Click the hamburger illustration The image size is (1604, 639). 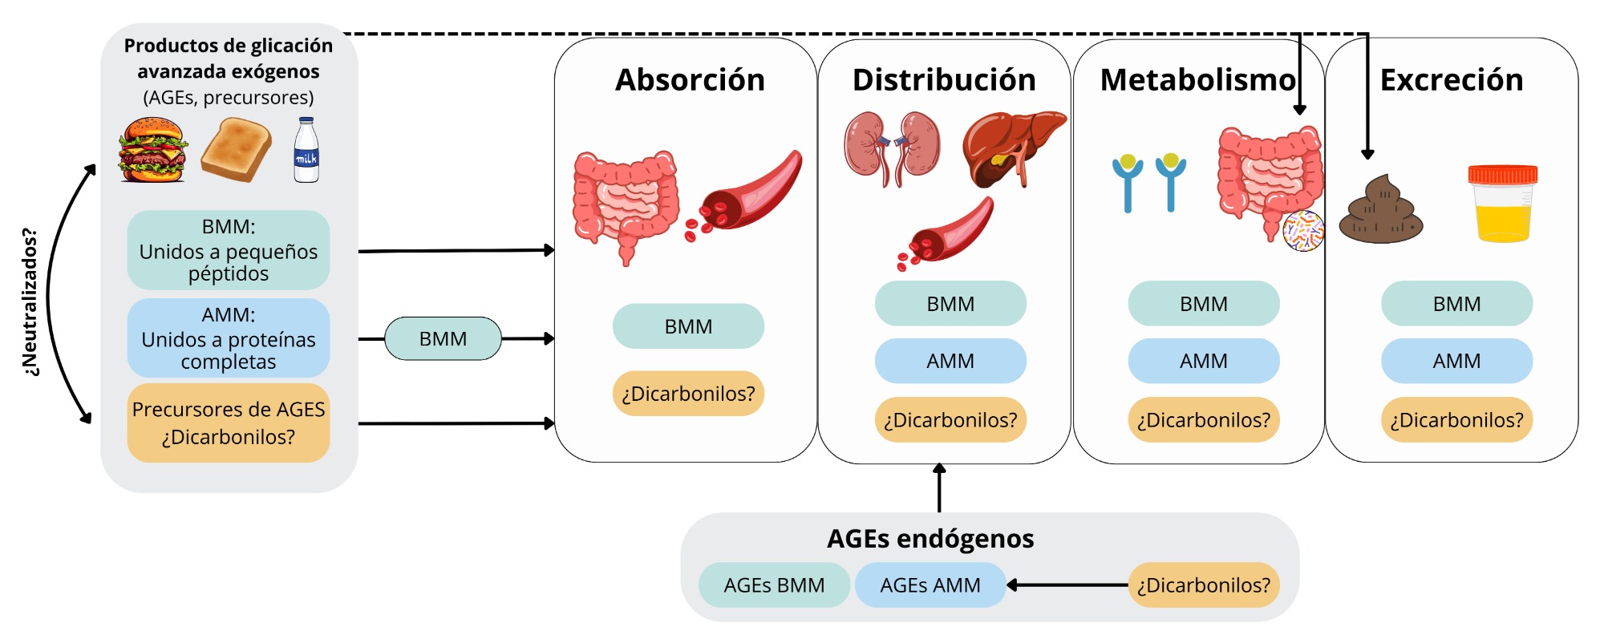[152, 151]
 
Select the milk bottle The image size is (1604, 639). [306, 151]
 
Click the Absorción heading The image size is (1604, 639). [690, 80]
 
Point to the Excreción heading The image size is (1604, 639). [1452, 80]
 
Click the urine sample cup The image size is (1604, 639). [1503, 204]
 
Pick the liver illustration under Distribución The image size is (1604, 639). [1012, 149]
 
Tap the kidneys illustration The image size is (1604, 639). [892, 149]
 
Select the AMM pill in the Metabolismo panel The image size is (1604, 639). [1204, 362]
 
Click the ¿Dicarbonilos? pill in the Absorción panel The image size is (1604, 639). [688, 394]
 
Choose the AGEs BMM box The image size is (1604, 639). [774, 585]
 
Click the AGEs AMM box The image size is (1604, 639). [930, 585]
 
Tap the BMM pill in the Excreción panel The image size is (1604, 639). [1456, 304]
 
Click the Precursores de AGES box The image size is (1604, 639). [229, 423]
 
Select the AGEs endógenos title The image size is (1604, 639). [930, 539]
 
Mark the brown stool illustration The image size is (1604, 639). [1381, 211]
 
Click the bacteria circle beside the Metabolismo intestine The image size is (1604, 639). [1303, 232]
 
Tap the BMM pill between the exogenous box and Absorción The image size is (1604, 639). [443, 339]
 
